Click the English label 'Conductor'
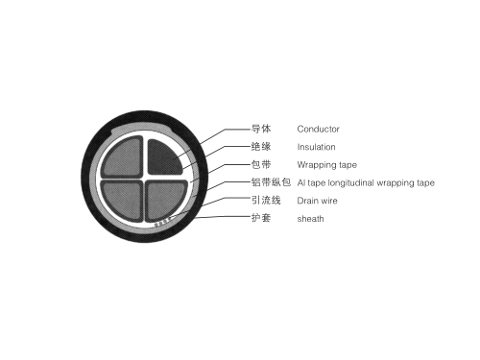pos(319,129)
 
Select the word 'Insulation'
pos(317,147)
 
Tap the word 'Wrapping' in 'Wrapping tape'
pos(314,165)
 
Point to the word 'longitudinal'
pos(356,182)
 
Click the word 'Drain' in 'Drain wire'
pos(308,201)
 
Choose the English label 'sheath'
pos(310,219)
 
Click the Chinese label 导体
pos(260,129)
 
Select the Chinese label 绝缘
pos(260,147)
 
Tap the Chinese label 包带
pos(260,165)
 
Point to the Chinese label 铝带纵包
pos(270,182)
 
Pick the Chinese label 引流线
pos(265,201)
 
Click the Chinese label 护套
pos(260,219)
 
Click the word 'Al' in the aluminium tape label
pos(300,182)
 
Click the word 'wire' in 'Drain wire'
pos(329,201)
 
